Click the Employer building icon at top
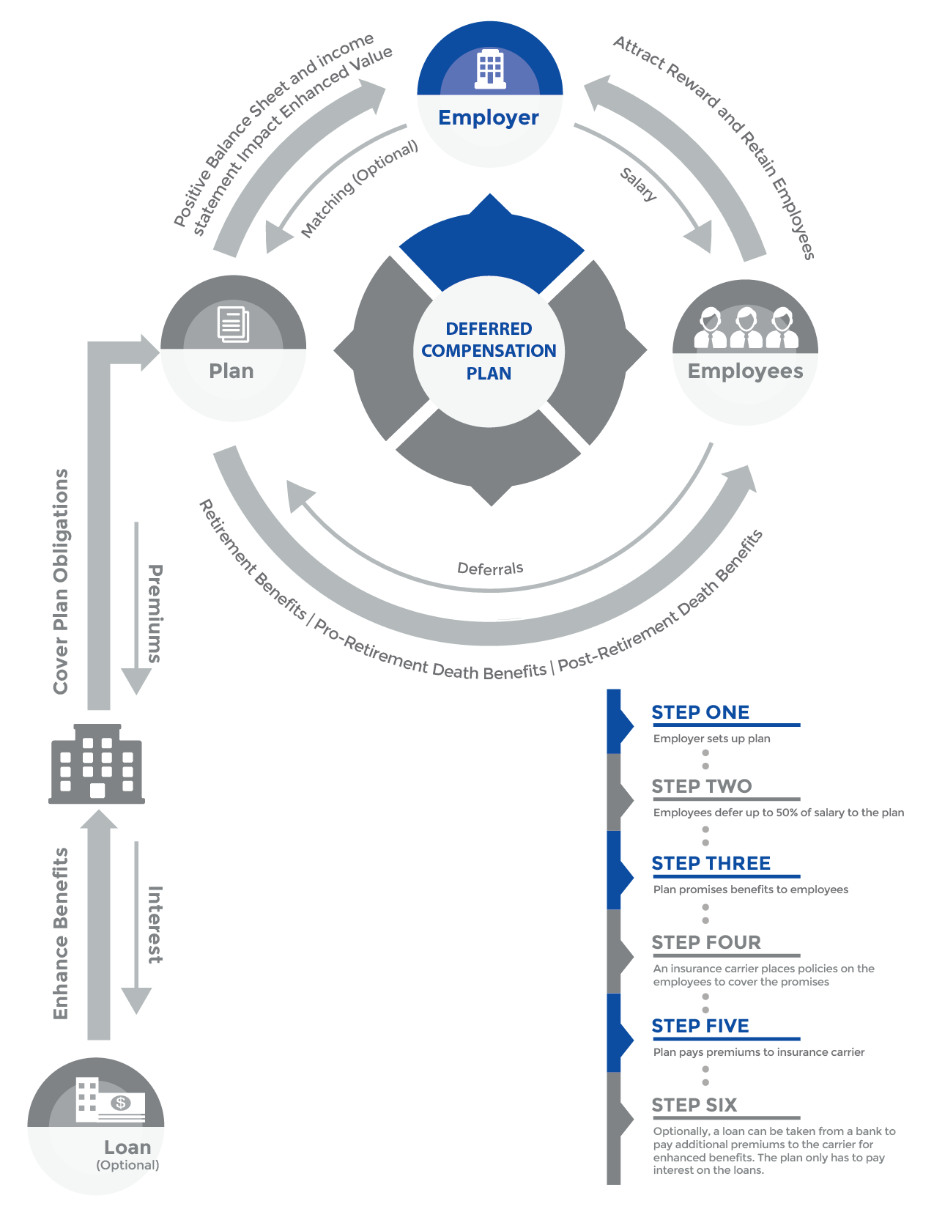coord(489,70)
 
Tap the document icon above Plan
coord(233,325)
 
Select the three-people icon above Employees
coord(746,328)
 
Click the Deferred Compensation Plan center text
coord(489,351)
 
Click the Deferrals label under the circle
coord(490,569)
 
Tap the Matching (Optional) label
coord(359,188)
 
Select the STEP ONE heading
coord(700,712)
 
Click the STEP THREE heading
coord(711,863)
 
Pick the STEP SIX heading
coord(694,1105)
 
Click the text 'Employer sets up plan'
coord(711,739)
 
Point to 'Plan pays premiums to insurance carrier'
coord(758,1052)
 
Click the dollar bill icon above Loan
coord(120,1103)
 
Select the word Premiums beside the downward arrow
coord(155,613)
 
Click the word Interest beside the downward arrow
coord(155,925)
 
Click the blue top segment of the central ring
coord(491,245)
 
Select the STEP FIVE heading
coord(700,1026)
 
